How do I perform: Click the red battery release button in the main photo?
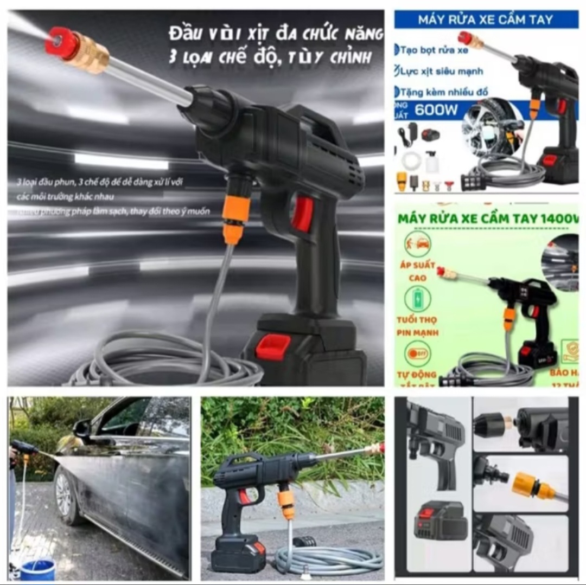click(x=273, y=346)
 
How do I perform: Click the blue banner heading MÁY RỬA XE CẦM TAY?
click(x=486, y=20)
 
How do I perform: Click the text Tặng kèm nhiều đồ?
click(x=441, y=92)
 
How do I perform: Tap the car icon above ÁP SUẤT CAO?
click(x=417, y=244)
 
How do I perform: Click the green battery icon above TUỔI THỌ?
click(x=417, y=299)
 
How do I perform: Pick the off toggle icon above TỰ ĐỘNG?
click(x=417, y=353)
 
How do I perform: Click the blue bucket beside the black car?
click(x=37, y=569)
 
